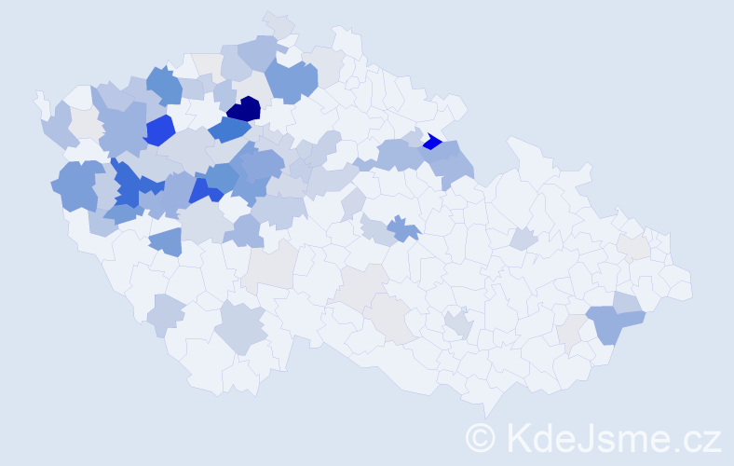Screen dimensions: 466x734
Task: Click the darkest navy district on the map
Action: point(243,109)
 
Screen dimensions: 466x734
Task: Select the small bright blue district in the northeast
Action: point(431,142)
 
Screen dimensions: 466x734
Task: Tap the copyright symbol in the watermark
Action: point(481,436)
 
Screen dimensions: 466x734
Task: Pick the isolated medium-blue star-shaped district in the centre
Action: point(402,227)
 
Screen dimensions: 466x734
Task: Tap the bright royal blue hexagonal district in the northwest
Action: point(159,130)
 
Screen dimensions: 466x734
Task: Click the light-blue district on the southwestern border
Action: point(166,315)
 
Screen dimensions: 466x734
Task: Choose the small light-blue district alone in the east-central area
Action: point(523,239)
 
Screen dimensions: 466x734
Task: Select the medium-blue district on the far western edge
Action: point(78,185)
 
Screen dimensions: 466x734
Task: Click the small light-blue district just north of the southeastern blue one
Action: point(627,302)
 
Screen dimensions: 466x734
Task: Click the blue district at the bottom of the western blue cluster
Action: point(165,241)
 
